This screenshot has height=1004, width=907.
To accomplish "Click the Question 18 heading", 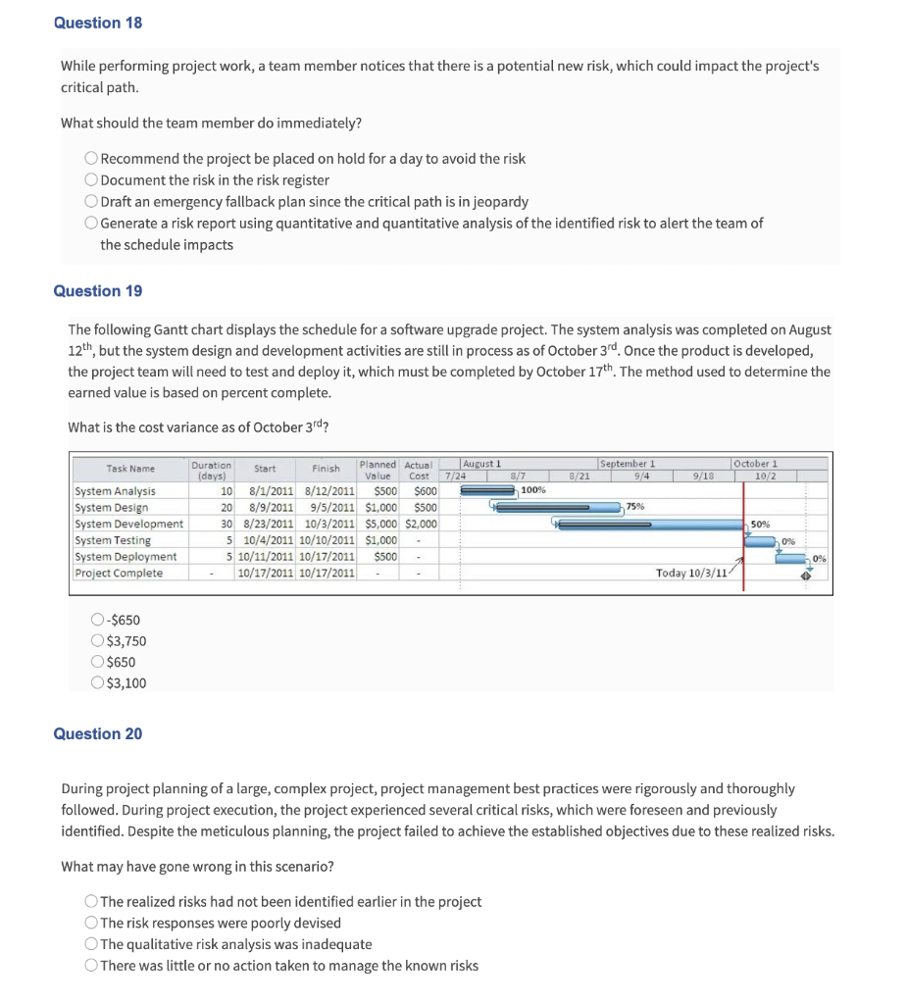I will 97,23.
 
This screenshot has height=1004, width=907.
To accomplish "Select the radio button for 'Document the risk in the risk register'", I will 91,180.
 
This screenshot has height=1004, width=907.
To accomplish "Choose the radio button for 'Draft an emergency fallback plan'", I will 91,202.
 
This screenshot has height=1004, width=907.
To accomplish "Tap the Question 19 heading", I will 97,291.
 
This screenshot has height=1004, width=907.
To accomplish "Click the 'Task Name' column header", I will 130,469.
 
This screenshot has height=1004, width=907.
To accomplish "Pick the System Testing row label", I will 113,540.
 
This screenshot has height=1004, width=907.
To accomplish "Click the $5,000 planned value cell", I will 380,524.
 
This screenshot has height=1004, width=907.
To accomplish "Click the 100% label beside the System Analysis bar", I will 533,489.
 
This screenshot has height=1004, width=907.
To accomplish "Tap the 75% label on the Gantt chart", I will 634,507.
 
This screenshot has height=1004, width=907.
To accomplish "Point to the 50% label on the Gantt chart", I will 760,525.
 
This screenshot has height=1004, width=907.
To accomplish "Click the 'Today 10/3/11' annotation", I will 691,574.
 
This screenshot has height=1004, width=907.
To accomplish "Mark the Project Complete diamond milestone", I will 805,576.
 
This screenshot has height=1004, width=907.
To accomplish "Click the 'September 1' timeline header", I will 627,464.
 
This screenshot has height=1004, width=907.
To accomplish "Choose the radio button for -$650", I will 97,620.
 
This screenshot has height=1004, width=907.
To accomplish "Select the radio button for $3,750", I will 97,641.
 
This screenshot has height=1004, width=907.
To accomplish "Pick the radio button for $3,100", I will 97,683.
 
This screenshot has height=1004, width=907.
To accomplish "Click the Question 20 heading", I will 97,734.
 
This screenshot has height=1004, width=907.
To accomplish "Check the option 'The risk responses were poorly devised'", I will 91,924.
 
